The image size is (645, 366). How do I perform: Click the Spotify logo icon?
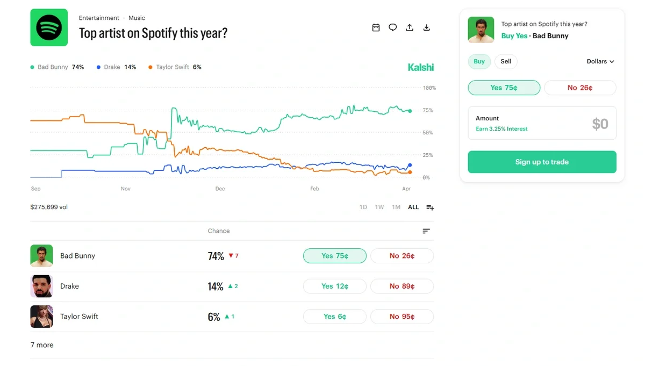pos(49,27)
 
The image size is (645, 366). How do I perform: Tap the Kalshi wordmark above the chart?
pos(420,67)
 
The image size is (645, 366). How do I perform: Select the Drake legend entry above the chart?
pos(116,67)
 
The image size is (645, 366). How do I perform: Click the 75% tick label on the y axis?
pos(428,110)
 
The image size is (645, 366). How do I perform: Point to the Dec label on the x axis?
pos(220,189)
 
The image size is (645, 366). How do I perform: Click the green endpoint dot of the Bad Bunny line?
pos(410,111)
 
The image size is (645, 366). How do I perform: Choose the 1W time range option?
pos(379,207)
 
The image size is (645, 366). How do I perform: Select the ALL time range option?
pos(413,207)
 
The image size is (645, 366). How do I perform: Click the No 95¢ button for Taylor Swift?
pos(402,317)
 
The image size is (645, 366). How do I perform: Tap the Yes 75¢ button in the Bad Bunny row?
pos(334,256)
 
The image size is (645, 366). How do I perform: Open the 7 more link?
pos(42,345)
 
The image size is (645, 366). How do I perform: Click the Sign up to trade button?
pos(542,162)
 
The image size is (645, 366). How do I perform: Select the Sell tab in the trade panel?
pos(506,61)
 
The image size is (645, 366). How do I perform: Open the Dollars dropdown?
pos(600,61)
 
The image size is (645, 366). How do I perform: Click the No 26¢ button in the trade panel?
pos(579,88)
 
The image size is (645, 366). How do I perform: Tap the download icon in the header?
pos(427,27)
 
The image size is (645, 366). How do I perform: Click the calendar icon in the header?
pos(376,27)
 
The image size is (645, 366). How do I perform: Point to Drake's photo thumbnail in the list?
pos(41,286)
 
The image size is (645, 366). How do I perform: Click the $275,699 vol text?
pos(49,207)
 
